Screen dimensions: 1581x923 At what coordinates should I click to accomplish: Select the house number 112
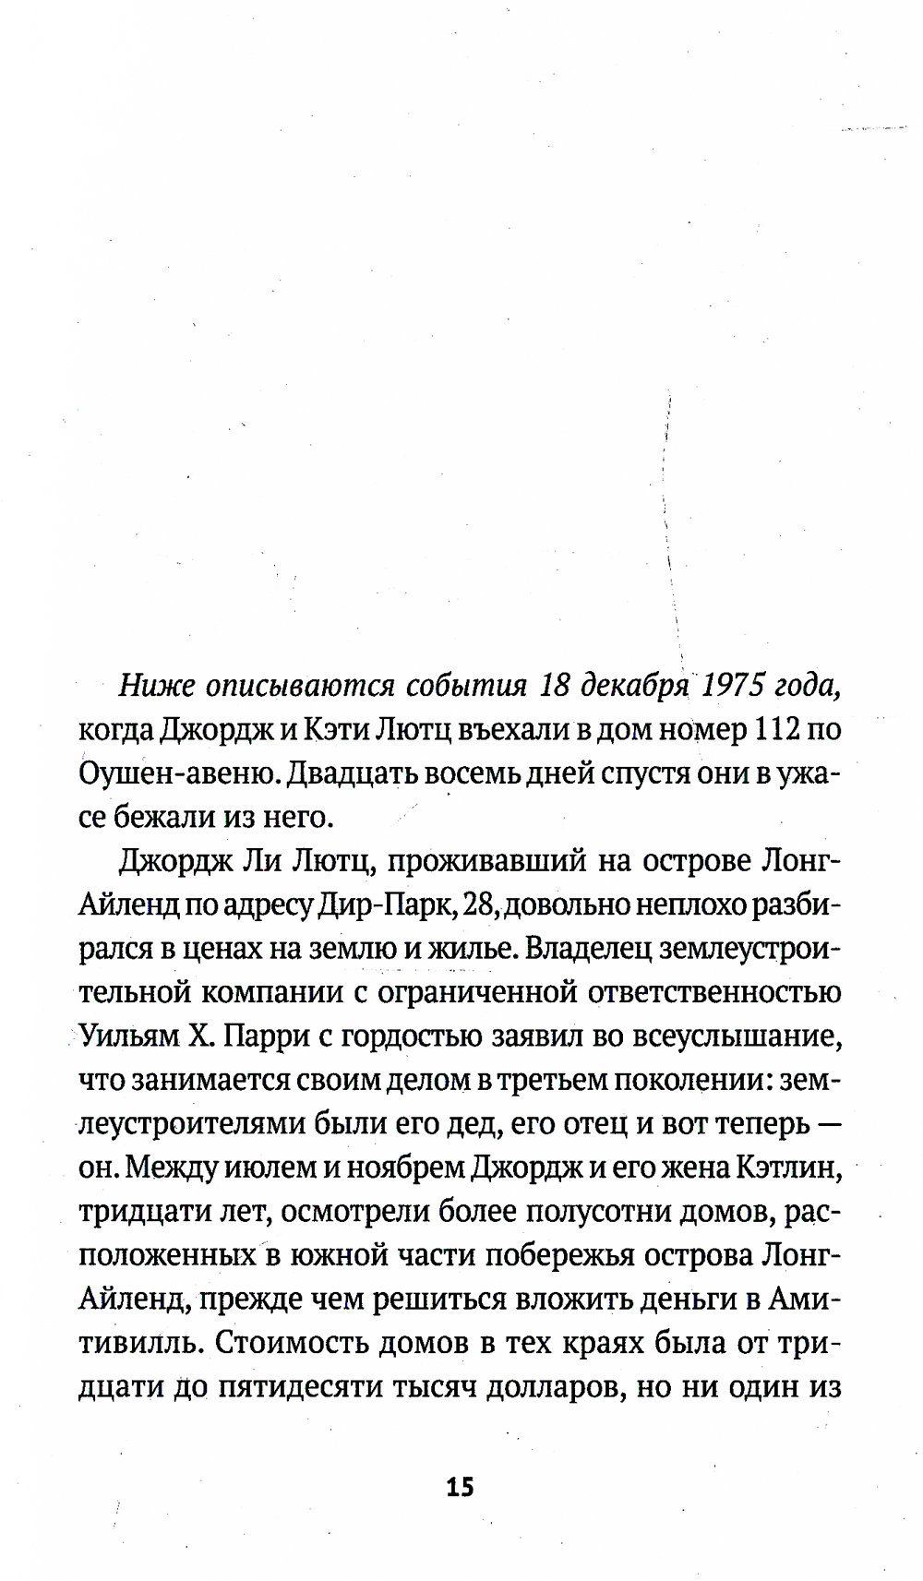778,730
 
